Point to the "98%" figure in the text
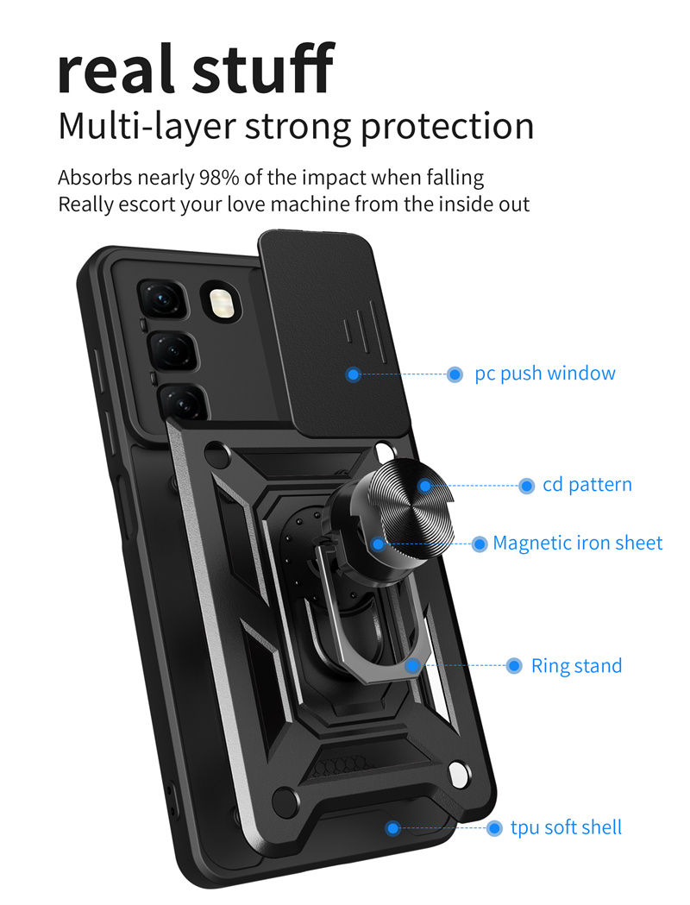pyautogui.click(x=223, y=179)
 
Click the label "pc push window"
pyautogui.click(x=545, y=374)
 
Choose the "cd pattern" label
pyautogui.click(x=587, y=485)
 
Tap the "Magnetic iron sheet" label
pyautogui.click(x=578, y=544)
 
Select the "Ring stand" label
pyautogui.click(x=576, y=666)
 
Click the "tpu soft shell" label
pyautogui.click(x=566, y=828)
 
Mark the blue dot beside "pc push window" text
pyautogui.click(x=455, y=374)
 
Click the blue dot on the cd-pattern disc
pyautogui.click(x=424, y=486)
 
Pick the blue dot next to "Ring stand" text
pyautogui.click(x=514, y=666)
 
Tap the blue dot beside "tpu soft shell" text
pyautogui.click(x=494, y=828)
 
